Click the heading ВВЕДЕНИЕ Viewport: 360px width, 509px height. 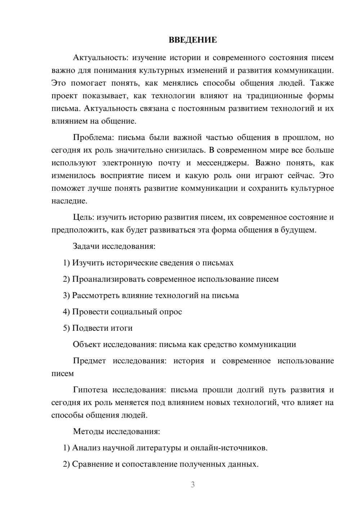193,40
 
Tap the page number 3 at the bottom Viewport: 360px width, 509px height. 193,485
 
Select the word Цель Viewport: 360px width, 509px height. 83,217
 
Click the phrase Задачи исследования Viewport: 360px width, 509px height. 114,247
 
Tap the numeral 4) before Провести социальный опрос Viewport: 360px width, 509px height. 66,312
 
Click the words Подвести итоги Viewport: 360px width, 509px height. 102,328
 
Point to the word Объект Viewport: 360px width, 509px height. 86,344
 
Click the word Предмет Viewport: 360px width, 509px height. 89,361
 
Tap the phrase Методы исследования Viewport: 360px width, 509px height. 116,431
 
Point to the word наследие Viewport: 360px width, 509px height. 69,201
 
